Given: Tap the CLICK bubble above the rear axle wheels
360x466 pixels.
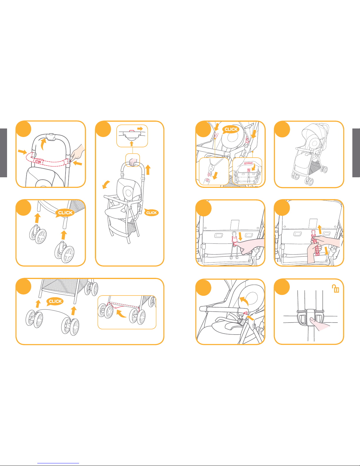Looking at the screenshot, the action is click(55, 301).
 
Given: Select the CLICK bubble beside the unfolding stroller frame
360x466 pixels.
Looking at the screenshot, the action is click(151, 213).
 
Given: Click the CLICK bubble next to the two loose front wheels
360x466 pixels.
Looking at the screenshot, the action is click(65, 213).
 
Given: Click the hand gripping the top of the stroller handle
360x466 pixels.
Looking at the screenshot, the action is click(133, 162).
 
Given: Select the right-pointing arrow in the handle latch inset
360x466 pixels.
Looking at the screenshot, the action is click(140, 129).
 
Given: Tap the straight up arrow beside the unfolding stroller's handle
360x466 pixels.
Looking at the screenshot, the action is click(148, 170).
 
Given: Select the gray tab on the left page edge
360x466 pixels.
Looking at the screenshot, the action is click(4, 153).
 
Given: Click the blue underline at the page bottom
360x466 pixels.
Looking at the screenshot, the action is click(58, 463).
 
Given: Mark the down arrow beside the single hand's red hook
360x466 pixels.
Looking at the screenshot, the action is click(240, 236).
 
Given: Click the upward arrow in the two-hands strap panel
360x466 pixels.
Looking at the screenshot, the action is click(320, 229).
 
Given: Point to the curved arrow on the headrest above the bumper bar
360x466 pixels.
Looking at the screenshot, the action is click(244, 301).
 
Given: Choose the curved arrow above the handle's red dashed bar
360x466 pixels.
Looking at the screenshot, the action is click(43, 144).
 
